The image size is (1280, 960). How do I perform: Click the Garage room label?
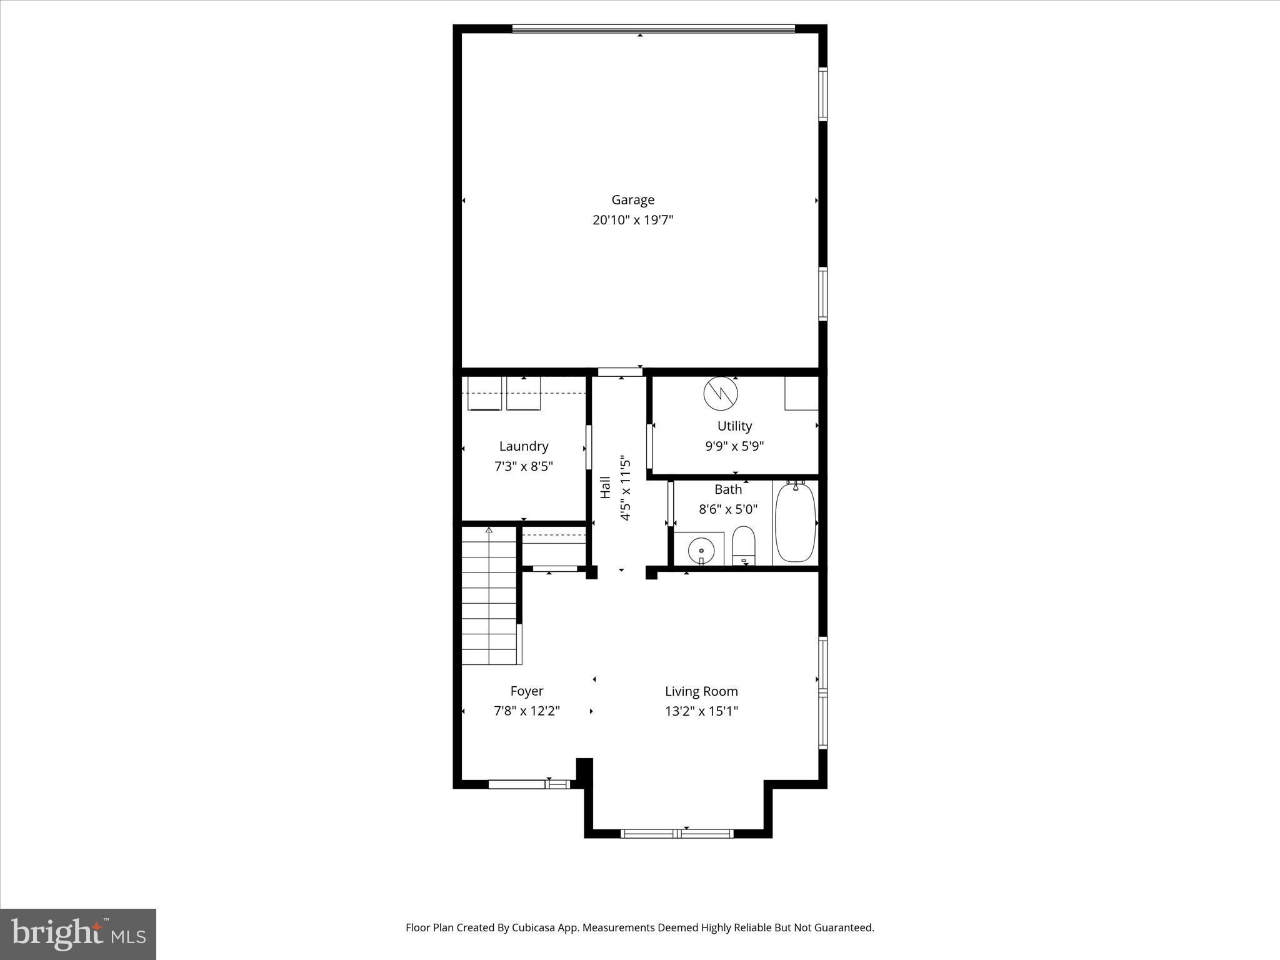point(632,200)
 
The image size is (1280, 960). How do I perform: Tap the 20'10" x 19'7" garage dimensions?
point(632,220)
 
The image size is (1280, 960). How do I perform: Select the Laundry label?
point(524,446)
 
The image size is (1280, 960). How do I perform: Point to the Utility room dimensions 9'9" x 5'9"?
point(734,446)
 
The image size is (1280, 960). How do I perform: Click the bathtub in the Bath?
point(795,523)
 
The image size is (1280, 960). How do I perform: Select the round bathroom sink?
point(701,551)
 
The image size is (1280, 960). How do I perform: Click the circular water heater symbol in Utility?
point(721,393)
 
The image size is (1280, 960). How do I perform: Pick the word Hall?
point(605,487)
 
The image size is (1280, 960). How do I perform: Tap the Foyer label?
point(526,691)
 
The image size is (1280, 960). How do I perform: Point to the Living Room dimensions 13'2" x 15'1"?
point(701,711)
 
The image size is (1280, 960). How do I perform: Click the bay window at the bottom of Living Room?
point(677,833)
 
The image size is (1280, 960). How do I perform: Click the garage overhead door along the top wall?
point(653,28)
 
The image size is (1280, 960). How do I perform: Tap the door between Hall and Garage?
point(620,372)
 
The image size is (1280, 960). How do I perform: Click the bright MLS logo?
point(78,934)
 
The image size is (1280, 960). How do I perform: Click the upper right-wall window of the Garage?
point(823,94)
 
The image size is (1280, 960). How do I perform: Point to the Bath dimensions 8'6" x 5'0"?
point(727,509)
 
